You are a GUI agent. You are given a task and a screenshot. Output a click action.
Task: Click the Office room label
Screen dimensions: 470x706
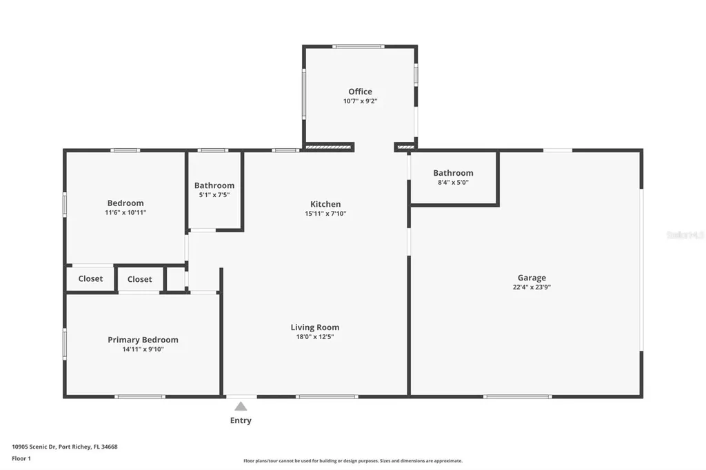[360, 92]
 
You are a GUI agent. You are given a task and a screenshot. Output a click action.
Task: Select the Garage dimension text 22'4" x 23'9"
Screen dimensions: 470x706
[532, 287]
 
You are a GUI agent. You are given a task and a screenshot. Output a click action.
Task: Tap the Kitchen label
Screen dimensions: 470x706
[325, 204]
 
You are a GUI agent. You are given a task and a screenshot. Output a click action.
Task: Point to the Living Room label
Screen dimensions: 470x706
[314, 327]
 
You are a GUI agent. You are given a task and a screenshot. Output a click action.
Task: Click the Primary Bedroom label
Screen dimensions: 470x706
[143, 340]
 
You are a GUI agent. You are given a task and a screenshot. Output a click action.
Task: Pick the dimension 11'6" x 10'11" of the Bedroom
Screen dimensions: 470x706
[125, 213]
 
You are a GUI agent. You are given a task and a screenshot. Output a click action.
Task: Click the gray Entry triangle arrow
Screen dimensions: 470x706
[241, 407]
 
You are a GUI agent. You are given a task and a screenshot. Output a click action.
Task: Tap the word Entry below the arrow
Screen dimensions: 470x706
[241, 420]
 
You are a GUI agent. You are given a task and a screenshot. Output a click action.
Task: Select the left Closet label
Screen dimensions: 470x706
[90, 279]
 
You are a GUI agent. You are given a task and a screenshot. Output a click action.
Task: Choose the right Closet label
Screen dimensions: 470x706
[139, 279]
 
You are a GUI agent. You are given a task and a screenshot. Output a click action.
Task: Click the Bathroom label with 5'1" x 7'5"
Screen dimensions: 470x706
[214, 185]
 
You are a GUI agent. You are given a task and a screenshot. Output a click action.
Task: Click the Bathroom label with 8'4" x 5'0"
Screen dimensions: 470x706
[453, 173]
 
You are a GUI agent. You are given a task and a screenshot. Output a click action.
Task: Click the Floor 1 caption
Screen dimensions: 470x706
[21, 458]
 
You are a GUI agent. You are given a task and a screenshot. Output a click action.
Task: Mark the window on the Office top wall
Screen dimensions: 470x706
[358, 47]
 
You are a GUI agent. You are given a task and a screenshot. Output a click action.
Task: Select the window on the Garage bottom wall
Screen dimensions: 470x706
[517, 396]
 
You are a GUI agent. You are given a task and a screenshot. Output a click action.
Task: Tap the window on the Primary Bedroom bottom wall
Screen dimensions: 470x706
[139, 396]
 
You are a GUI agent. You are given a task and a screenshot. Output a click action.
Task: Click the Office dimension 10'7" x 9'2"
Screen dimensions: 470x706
[360, 101]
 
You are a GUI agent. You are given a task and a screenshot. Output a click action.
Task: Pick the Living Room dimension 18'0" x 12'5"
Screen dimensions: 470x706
[314, 337]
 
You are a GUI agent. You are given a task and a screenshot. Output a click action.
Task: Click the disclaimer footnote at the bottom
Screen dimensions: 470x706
[352, 461]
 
